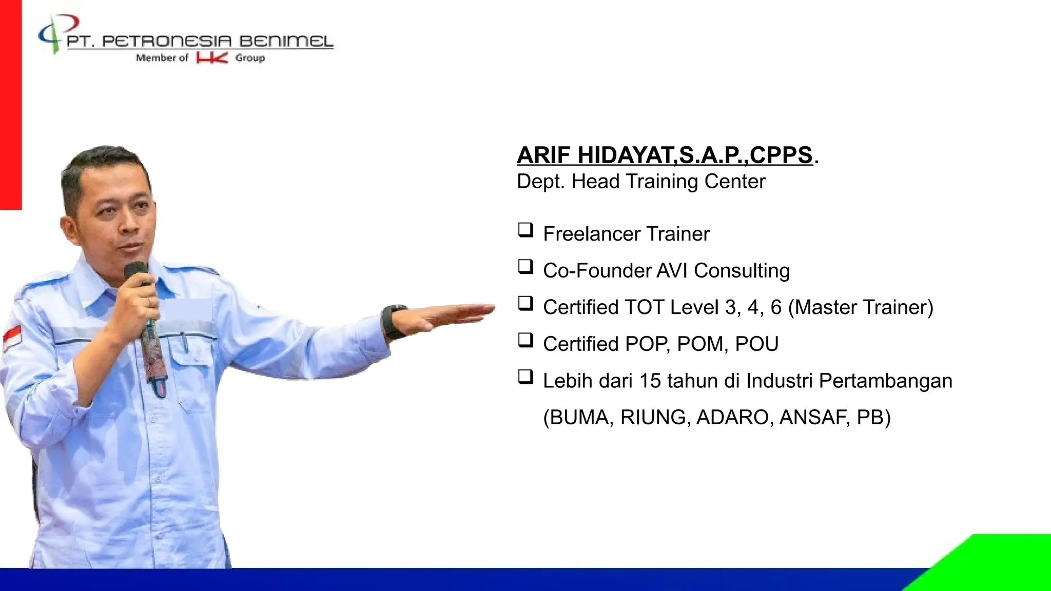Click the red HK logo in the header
pyautogui.click(x=211, y=58)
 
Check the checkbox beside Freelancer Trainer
pyautogui.click(x=525, y=230)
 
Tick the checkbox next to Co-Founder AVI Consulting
pyautogui.click(x=525, y=267)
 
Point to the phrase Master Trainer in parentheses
pyautogui.click(x=861, y=307)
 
